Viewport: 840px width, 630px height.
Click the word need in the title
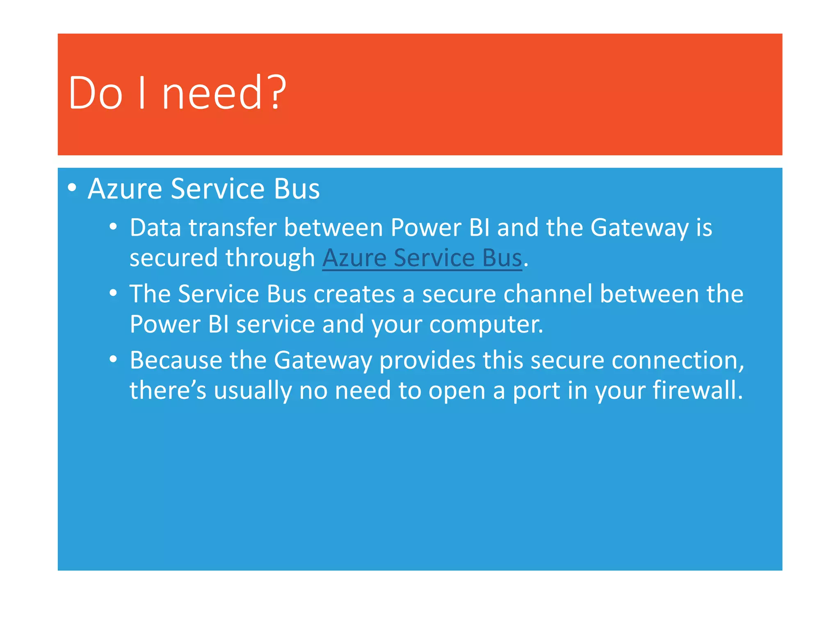[x=212, y=94]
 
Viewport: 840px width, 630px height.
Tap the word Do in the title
[x=95, y=94]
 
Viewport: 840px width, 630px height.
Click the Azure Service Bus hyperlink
[x=422, y=258]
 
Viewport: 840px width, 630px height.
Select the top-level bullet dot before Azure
[x=72, y=188]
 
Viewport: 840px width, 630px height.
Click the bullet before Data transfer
[x=114, y=227]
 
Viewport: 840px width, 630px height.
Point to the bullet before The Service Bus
[x=114, y=293]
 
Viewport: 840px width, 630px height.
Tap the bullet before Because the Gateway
[x=114, y=360]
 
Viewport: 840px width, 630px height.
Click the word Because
[x=176, y=360]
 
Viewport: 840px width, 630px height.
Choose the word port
[x=536, y=390]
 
